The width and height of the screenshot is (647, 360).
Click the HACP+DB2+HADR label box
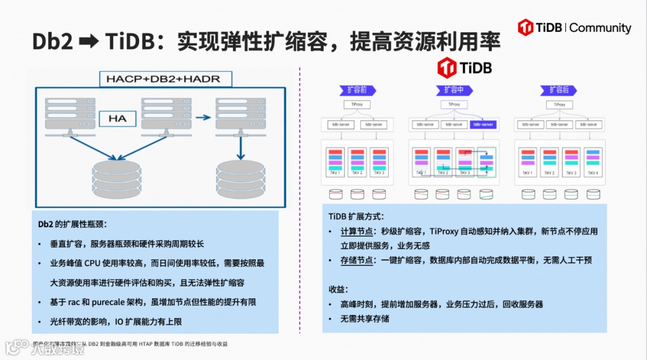[163, 78]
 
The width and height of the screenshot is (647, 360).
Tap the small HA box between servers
[117, 119]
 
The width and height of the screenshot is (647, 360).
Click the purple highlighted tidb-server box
[482, 125]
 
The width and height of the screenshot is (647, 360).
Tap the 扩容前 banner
[357, 90]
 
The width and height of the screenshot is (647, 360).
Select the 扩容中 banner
[454, 90]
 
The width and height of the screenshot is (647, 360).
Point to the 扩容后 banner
[559, 90]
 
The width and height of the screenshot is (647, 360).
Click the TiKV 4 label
[593, 174]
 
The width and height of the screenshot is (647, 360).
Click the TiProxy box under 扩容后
[559, 104]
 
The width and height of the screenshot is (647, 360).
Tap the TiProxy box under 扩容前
[357, 104]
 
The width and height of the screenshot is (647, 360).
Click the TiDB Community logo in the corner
[575, 28]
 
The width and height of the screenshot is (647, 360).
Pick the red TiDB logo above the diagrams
[464, 67]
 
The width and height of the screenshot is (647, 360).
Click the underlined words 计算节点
[357, 231]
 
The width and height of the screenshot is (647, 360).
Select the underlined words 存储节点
[357, 261]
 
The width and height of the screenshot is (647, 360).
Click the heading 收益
[337, 289]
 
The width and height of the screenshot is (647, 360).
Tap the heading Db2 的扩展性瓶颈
[72, 225]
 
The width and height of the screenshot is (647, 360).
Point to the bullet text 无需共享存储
[365, 319]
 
